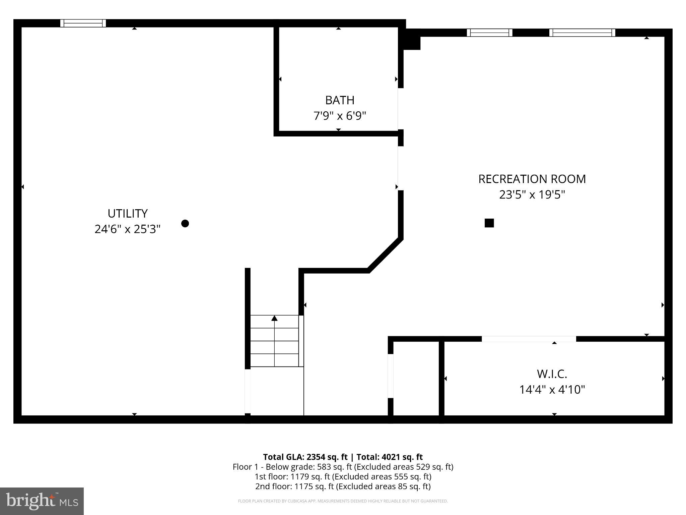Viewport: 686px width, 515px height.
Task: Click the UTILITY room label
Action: click(x=127, y=214)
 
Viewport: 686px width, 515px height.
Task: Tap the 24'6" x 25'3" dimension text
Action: click(x=127, y=229)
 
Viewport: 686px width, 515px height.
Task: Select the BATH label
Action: click(x=339, y=100)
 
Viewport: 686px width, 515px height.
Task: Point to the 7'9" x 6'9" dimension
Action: click(x=339, y=116)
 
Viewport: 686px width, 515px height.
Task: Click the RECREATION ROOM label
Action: click(x=532, y=179)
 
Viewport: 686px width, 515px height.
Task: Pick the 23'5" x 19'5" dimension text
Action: click(x=532, y=195)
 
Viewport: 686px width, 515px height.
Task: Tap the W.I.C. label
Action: click(x=552, y=374)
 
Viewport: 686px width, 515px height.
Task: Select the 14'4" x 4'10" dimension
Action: click(x=552, y=390)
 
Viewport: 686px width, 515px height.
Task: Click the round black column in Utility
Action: click(x=185, y=223)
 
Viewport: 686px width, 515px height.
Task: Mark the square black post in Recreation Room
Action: click(x=489, y=223)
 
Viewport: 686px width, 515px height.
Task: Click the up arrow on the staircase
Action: click(x=274, y=318)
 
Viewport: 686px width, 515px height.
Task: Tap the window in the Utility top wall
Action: click(x=83, y=23)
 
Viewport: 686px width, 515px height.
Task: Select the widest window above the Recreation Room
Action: click(x=582, y=33)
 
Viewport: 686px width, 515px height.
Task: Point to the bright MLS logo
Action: click(x=42, y=501)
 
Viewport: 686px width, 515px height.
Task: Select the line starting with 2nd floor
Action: click(x=343, y=486)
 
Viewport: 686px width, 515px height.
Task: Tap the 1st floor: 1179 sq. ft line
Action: click(x=343, y=476)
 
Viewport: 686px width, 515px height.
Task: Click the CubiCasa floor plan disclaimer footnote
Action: click(x=343, y=501)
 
